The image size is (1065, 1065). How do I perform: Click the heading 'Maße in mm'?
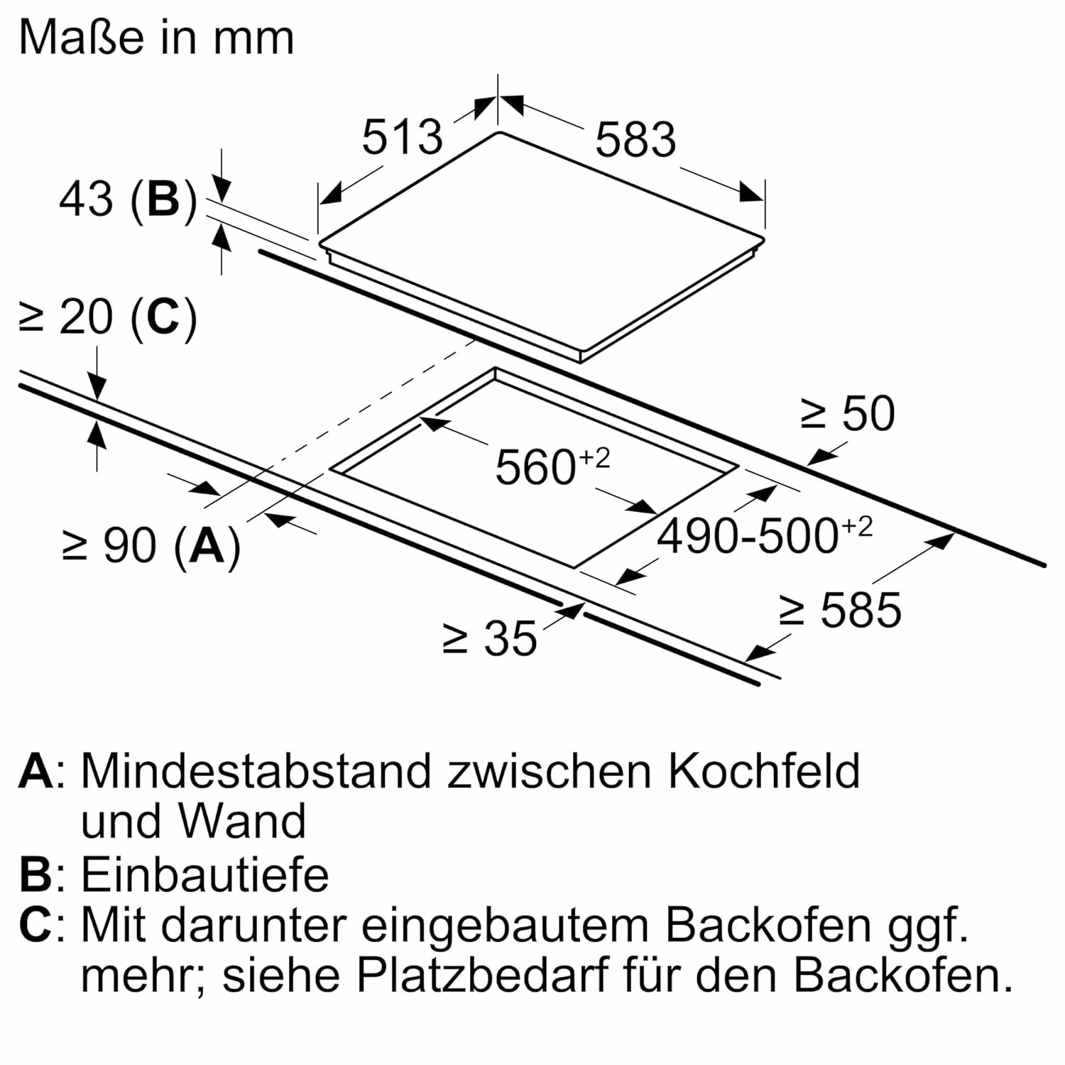(x=156, y=38)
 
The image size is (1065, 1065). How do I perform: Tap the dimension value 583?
(x=635, y=139)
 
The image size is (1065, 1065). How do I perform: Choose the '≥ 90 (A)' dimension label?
(x=152, y=546)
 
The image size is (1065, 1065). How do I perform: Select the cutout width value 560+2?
(x=552, y=466)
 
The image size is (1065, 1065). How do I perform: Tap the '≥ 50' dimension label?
(x=848, y=413)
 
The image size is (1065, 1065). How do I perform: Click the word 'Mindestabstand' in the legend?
(x=256, y=770)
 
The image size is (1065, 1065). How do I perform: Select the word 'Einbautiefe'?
(x=204, y=874)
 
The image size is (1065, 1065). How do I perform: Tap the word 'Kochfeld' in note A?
(x=763, y=770)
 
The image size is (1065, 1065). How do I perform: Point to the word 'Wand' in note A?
(x=241, y=821)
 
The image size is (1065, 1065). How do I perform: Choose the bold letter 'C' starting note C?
(x=35, y=925)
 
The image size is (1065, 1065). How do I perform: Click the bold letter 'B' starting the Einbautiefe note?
(x=35, y=874)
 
